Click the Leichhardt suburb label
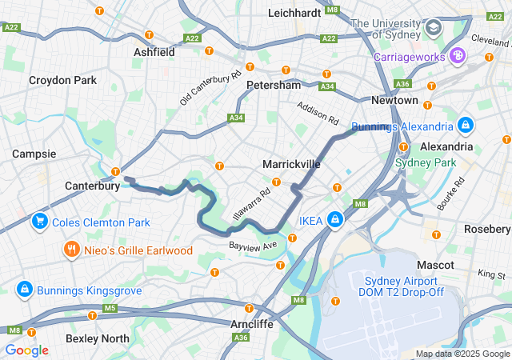click(x=294, y=13)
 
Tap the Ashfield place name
click(x=154, y=52)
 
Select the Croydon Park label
click(x=62, y=80)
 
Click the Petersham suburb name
click(x=274, y=85)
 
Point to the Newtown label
click(x=394, y=100)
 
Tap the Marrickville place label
click(x=291, y=164)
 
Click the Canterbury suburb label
click(x=92, y=186)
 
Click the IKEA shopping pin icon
click(x=335, y=220)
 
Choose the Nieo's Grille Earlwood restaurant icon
click(x=72, y=250)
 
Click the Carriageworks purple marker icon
click(x=458, y=56)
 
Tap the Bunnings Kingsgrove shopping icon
click(x=24, y=288)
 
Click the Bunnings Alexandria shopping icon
click(x=466, y=126)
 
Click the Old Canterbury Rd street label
click(x=210, y=89)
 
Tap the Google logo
click(x=26, y=350)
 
